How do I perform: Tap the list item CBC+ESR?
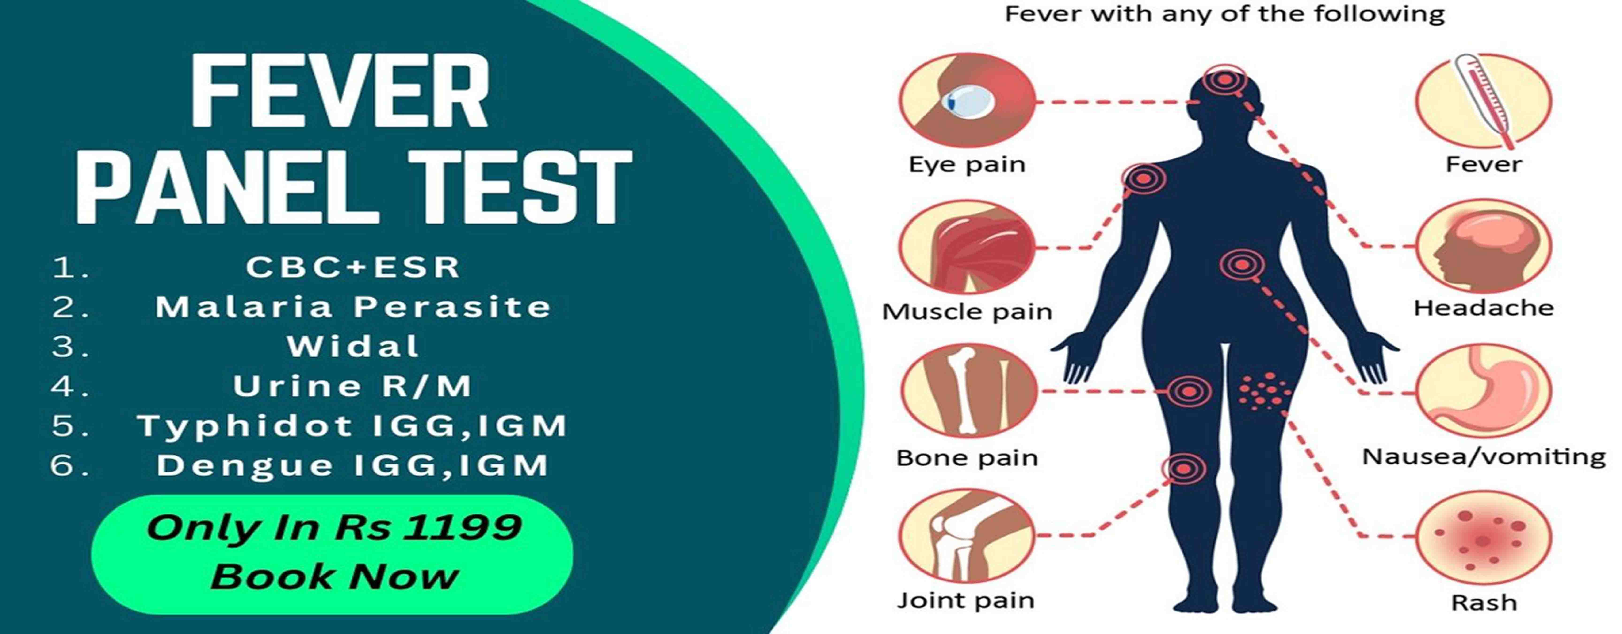(x=353, y=267)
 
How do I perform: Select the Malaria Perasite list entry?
(x=353, y=307)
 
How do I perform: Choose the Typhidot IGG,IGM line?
(x=353, y=426)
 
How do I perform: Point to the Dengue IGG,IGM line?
(x=353, y=466)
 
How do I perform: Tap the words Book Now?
(x=334, y=577)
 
